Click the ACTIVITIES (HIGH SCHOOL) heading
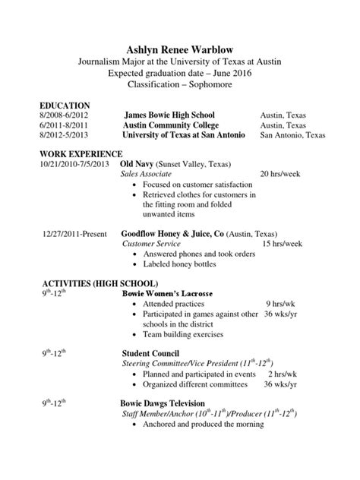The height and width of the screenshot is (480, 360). click(94, 283)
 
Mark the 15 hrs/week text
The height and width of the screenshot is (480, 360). click(283, 244)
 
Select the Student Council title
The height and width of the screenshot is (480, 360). click(150, 353)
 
